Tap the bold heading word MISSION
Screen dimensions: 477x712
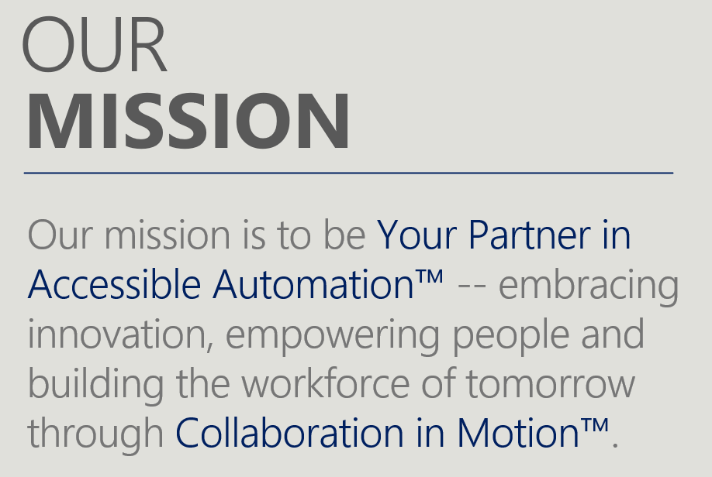pyautogui.click(x=188, y=122)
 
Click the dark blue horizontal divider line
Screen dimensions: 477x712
pyautogui.click(x=348, y=173)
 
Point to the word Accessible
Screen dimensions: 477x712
pyautogui.click(x=113, y=285)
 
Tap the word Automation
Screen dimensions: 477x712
pyautogui.click(x=314, y=285)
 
